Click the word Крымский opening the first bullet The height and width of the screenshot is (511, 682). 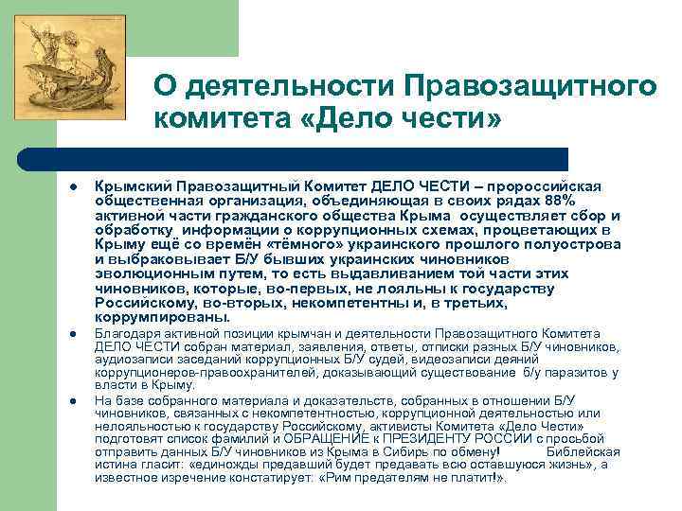click(x=127, y=186)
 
